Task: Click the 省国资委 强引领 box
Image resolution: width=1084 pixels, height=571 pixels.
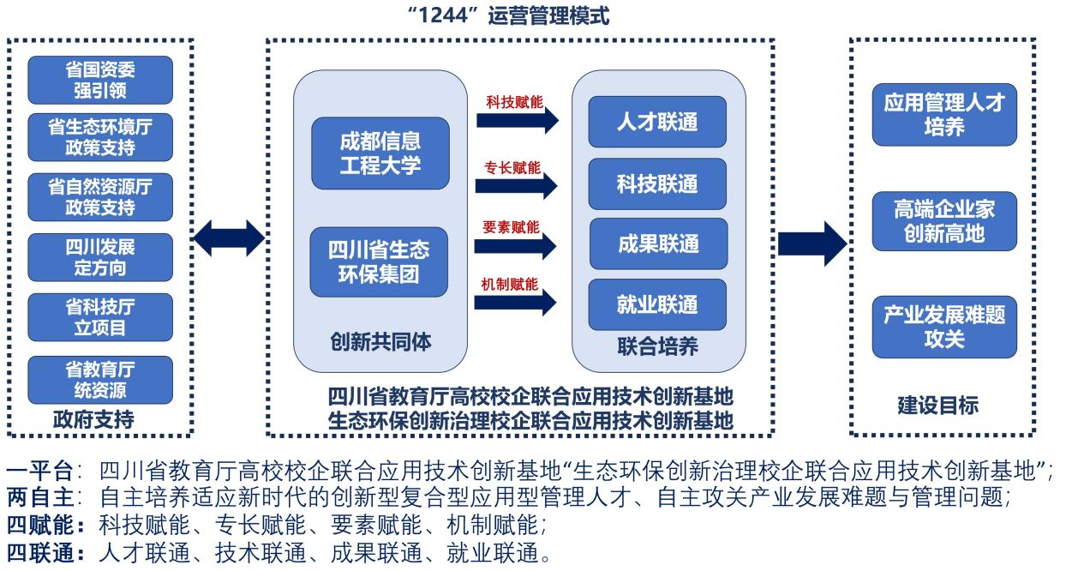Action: click(100, 80)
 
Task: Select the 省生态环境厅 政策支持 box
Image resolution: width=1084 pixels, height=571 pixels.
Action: click(100, 137)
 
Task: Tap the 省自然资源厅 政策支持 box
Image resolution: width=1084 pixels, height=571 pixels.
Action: click(100, 196)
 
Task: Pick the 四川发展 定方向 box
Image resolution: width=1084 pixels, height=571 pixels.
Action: click(100, 256)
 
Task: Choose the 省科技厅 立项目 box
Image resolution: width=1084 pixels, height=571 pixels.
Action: click(100, 316)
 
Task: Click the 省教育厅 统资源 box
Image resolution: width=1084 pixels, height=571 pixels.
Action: click(100, 380)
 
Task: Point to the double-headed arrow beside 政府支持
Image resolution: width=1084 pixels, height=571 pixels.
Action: click(229, 238)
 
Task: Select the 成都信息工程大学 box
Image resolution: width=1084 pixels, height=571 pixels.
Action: click(380, 153)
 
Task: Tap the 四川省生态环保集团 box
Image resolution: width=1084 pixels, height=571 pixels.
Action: click(380, 261)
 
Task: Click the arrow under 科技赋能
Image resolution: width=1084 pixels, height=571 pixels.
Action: click(516, 121)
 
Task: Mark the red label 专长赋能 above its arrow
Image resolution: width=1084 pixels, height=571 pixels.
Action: click(512, 167)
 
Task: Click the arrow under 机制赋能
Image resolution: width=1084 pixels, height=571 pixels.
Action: click(516, 302)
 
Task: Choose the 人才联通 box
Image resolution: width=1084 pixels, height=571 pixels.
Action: click(657, 122)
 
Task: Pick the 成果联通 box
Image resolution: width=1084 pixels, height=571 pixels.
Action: click(657, 243)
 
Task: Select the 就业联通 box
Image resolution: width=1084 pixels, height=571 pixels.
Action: click(657, 304)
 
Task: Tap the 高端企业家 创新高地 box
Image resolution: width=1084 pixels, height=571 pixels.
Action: click(944, 221)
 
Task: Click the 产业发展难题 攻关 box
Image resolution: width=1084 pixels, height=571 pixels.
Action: click(944, 327)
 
